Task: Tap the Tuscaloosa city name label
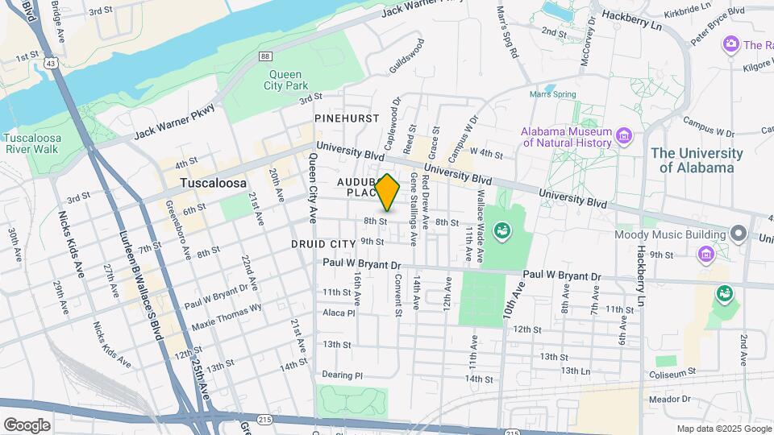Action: (x=213, y=183)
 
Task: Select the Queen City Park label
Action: (x=287, y=79)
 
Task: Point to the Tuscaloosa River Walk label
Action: (x=32, y=143)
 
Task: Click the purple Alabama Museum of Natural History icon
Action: (x=622, y=135)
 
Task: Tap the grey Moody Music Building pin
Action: (x=739, y=234)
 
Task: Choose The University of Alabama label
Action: (x=697, y=160)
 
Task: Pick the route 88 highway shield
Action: (x=264, y=56)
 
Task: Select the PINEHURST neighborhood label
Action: (x=347, y=118)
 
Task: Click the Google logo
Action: (x=27, y=425)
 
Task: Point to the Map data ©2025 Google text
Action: (x=722, y=429)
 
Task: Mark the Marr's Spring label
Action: (x=552, y=94)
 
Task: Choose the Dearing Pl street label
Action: (x=343, y=375)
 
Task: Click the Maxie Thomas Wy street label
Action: (x=227, y=317)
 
